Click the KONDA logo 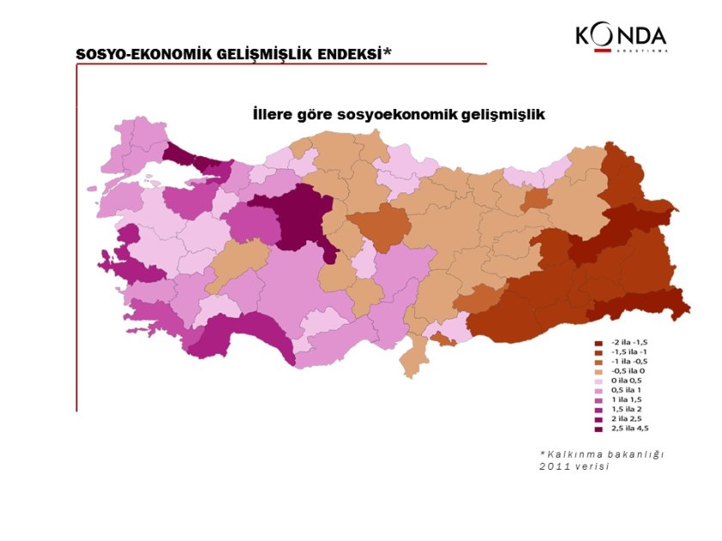pyautogui.click(x=621, y=37)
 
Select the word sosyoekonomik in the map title pyautogui.click(x=395, y=113)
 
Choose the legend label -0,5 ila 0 pyautogui.click(x=630, y=372)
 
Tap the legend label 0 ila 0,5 pyautogui.click(x=628, y=381)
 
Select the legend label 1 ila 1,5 pyautogui.click(x=627, y=400)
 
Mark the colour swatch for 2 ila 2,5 pyautogui.click(x=599, y=419)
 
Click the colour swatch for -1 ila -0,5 pyautogui.click(x=599, y=362)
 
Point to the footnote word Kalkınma pyautogui.click(x=574, y=453)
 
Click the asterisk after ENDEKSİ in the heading pyautogui.click(x=388, y=52)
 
